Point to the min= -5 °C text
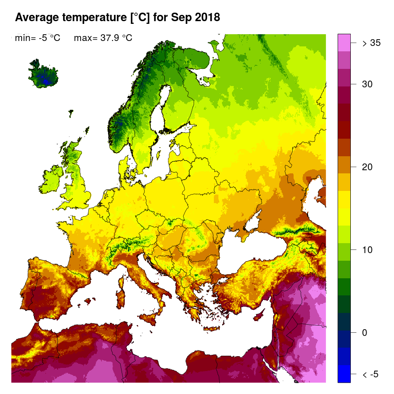click(37, 38)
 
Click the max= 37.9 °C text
click(103, 38)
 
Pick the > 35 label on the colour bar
click(371, 43)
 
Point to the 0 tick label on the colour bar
click(365, 333)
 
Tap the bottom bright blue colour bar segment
click(344, 374)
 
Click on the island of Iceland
click(43, 74)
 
